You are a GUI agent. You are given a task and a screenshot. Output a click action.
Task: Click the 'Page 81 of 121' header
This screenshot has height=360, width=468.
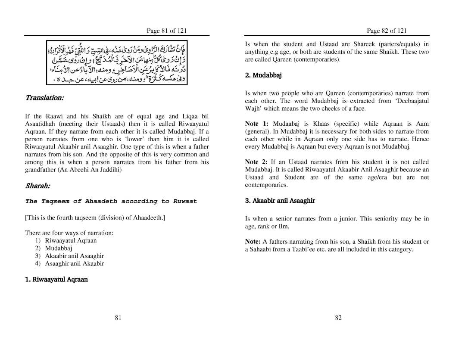[166, 31]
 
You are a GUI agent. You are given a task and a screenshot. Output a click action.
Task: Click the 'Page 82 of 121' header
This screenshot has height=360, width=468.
[387, 31]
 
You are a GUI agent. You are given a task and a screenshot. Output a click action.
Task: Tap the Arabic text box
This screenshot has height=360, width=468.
[117, 62]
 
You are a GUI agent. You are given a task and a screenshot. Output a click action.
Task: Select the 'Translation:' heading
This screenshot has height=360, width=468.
[44, 98]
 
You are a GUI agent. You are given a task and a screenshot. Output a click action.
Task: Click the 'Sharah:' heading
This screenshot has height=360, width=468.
[37, 186]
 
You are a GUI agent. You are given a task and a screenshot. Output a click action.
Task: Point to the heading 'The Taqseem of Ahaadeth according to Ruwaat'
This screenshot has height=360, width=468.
[111, 201]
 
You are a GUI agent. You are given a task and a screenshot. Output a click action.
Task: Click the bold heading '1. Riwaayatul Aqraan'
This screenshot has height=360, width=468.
[56, 279]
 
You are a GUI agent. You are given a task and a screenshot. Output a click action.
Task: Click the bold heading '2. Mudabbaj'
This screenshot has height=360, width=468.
[263, 75]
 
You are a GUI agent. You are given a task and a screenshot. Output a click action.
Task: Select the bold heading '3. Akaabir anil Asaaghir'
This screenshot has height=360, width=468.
[280, 201]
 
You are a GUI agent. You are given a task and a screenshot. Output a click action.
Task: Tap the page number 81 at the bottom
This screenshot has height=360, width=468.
[118, 318]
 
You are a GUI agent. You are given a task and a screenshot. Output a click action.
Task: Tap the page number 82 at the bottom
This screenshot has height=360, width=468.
[338, 318]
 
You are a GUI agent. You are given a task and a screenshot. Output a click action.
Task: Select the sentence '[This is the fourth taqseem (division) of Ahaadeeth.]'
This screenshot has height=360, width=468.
[95, 217]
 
